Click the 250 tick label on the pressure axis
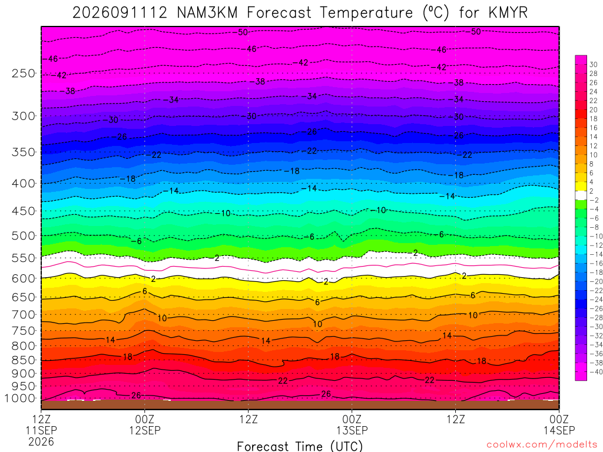click(24, 73)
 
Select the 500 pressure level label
click(24, 235)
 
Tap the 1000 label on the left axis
click(21, 398)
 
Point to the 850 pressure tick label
click(24, 360)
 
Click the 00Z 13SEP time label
click(352, 424)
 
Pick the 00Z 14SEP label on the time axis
click(559, 424)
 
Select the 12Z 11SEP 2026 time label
click(41, 430)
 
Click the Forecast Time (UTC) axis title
click(300, 446)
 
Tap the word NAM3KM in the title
click(207, 13)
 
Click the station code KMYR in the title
click(508, 13)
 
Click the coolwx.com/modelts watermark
click(542, 444)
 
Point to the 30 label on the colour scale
click(593, 65)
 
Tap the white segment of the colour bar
click(581, 195)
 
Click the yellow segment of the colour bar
click(581, 187)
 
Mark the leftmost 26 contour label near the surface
click(136, 395)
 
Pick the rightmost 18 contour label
click(482, 361)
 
